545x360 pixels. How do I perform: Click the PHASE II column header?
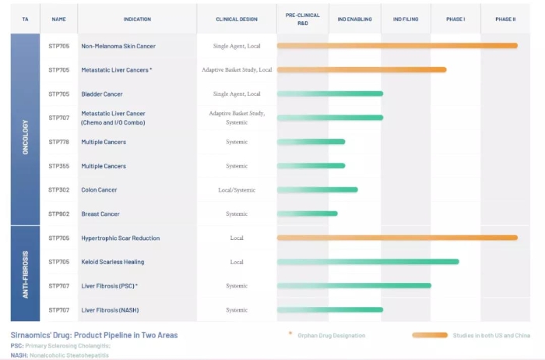pyautogui.click(x=505, y=18)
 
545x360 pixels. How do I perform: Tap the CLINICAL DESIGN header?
pyautogui.click(x=237, y=18)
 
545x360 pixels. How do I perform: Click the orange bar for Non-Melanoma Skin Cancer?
pyautogui.click(x=397, y=46)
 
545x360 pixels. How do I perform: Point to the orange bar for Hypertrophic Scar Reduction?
pyautogui.click(x=397, y=238)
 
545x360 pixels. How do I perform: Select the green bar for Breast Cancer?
pyautogui.click(x=308, y=214)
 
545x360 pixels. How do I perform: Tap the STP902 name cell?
pyautogui.click(x=59, y=214)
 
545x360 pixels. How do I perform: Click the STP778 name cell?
pyautogui.click(x=59, y=142)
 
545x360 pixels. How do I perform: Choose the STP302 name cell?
pyautogui.click(x=59, y=189)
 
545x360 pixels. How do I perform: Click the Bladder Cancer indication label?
pyautogui.click(x=102, y=94)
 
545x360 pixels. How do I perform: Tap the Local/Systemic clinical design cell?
pyautogui.click(x=237, y=189)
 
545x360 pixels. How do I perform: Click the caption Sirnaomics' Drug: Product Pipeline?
pyautogui.click(x=93, y=335)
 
